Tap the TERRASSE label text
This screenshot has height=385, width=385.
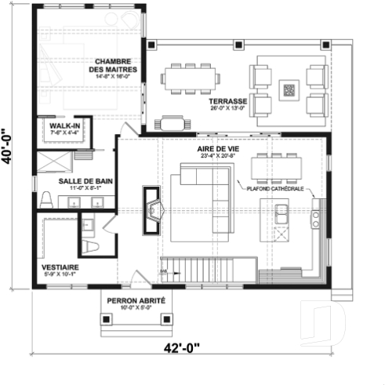228,102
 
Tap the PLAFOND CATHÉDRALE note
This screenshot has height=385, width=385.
274,188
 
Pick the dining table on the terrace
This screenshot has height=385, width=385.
192,78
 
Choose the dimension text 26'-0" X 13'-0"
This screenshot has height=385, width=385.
228,109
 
